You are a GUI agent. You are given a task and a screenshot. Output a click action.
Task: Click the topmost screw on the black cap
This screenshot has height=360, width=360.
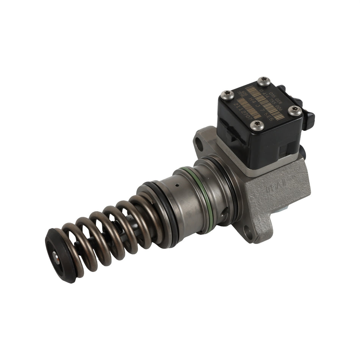pyautogui.click(x=263, y=81)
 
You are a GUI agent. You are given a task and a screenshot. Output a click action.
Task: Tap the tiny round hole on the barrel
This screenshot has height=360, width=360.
pyautogui.click(x=177, y=186)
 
